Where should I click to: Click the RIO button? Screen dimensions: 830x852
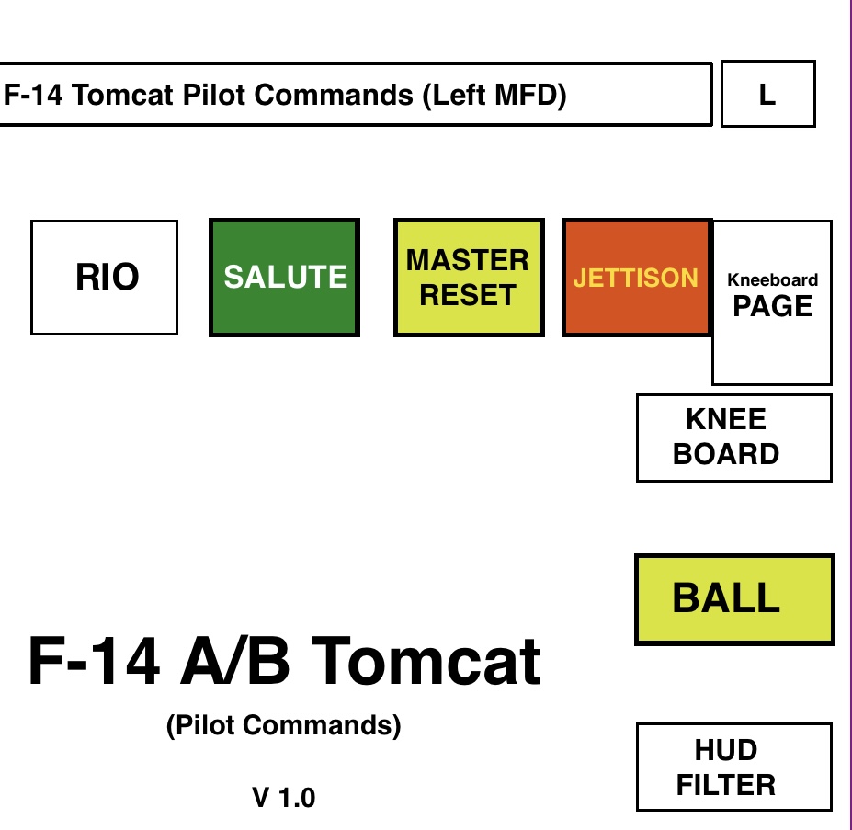pos(104,278)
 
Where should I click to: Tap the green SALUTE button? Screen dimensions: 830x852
pos(284,278)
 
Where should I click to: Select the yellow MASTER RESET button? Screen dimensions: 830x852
pos(469,278)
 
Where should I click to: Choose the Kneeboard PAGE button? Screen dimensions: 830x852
pos(772,301)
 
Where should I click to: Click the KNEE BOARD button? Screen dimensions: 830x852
pos(733,438)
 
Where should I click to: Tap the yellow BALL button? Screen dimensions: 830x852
pos(733,599)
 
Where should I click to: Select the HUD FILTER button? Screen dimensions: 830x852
pos(733,767)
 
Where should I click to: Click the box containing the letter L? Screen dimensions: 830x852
pos(767,94)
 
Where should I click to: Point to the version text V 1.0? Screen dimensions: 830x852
pos(284,798)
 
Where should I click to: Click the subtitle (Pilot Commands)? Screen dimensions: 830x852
pos(284,726)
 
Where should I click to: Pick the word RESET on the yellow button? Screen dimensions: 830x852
pos(469,296)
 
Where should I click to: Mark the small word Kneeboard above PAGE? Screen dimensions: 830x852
pos(772,280)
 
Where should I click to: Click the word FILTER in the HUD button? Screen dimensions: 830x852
pos(726,786)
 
